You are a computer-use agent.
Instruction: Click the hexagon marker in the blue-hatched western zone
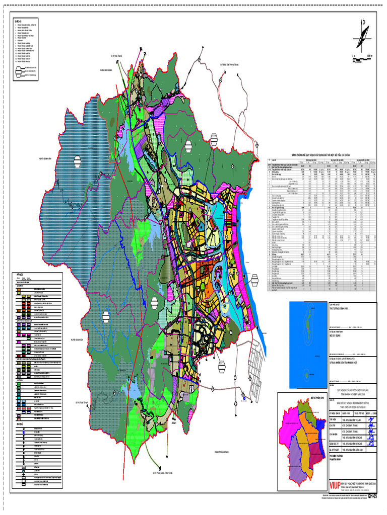click(x=78, y=161)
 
